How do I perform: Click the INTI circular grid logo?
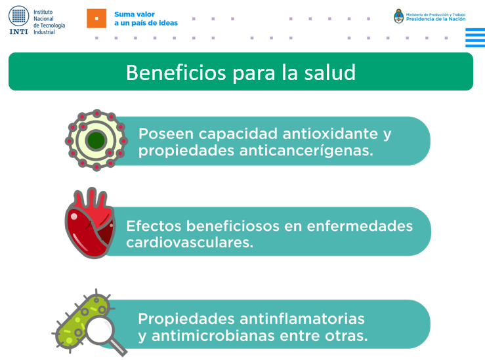18,16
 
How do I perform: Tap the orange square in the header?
96,18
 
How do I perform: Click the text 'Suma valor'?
135,14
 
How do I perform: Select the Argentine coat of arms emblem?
399,16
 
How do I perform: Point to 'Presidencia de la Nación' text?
436,19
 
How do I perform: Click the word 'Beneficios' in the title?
176,73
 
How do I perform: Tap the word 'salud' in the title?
329,73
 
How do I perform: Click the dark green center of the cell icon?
96,140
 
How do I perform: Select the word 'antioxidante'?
330,134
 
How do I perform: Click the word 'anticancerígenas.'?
306,151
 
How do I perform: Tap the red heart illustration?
90,223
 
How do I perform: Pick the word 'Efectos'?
154,226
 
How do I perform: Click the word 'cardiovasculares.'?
190,243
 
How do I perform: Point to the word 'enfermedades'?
360,226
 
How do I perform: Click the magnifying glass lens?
100,330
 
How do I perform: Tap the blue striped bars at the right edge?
475,37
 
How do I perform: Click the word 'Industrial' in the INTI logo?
44,32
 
